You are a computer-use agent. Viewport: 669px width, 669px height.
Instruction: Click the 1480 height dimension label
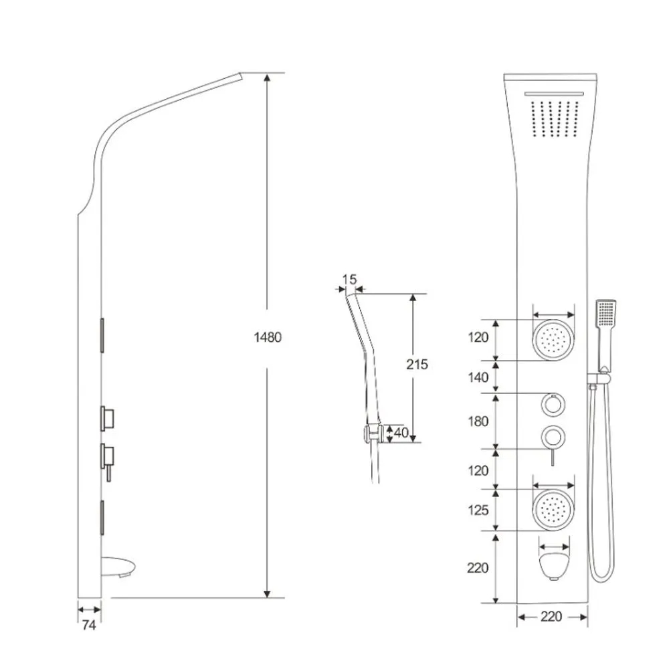tap(268, 337)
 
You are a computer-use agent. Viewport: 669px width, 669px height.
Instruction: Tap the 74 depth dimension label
tap(89, 625)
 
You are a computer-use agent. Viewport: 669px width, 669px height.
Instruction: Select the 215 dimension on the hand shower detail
tap(417, 365)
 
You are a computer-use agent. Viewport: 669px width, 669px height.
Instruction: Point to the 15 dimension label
tap(349, 280)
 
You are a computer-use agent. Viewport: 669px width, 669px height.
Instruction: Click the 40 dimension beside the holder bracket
tap(401, 433)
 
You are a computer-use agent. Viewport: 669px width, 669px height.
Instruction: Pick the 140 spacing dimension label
tap(478, 377)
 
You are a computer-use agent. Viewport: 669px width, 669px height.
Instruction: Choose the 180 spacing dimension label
tap(478, 421)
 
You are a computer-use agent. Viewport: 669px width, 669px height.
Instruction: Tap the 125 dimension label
tap(478, 510)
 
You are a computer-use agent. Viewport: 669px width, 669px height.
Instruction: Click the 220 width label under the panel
tap(551, 617)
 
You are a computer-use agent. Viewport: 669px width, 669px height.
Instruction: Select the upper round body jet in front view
tap(553, 340)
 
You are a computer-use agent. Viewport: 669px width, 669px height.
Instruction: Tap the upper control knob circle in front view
tap(553, 404)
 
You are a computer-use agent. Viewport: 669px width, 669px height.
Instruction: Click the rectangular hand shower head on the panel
tap(606, 313)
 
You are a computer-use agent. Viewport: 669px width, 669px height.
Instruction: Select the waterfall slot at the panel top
tap(554, 94)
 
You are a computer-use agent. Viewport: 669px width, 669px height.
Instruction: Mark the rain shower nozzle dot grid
tap(555, 119)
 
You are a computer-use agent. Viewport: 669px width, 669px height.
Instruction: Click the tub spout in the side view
tap(119, 567)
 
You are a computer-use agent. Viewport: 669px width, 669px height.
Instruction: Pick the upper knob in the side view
tap(108, 418)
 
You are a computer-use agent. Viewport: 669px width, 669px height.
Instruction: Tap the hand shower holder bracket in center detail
tap(372, 434)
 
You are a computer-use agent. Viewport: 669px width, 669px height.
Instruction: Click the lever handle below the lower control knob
tap(553, 458)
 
